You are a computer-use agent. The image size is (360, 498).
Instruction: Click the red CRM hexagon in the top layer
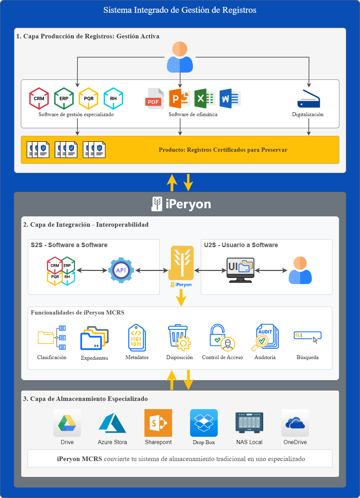pos(39,98)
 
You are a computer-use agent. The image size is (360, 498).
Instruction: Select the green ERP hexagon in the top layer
pos(64,98)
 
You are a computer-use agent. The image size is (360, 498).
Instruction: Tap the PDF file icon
pos(154,99)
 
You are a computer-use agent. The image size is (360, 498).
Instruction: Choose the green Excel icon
pos(205,99)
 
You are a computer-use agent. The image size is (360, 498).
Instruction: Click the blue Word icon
pos(230,99)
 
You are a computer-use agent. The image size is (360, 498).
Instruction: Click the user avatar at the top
pos(180,57)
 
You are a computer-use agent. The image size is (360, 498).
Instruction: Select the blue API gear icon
pos(121,270)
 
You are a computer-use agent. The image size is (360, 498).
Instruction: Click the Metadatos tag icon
pos(137,338)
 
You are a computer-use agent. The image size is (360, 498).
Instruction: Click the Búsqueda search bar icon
pos(307,336)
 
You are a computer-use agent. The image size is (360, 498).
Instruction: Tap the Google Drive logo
pos(67,423)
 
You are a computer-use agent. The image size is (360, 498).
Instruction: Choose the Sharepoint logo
pos(158,423)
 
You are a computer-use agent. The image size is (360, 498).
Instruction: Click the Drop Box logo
pos(204,423)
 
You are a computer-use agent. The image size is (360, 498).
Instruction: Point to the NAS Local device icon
pos(249,422)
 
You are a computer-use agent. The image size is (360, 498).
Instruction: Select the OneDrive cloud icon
pos(295,423)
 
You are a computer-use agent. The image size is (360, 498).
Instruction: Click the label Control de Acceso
pos(222,357)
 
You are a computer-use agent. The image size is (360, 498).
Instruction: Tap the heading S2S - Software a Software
pos(69,245)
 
